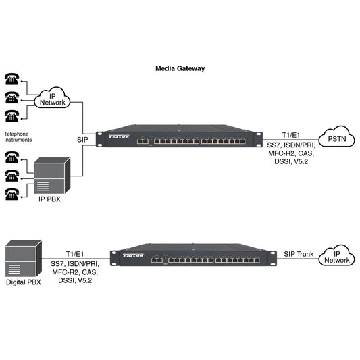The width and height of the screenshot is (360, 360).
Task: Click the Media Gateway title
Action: (x=180, y=68)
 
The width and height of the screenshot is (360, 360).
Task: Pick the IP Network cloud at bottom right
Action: (x=337, y=255)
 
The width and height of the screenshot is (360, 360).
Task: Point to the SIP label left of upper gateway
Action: (x=82, y=139)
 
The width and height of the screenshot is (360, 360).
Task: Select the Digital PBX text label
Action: (x=24, y=282)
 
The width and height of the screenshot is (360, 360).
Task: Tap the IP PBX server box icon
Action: (x=53, y=176)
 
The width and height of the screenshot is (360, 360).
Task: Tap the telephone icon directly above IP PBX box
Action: (x=11, y=157)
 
